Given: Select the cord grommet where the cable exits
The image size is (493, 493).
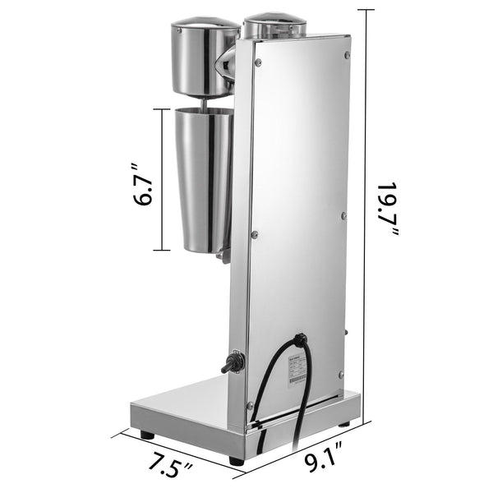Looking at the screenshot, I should (301, 339).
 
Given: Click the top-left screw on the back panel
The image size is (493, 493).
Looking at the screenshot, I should (258, 62).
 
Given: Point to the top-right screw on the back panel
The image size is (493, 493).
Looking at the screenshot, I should (346, 55).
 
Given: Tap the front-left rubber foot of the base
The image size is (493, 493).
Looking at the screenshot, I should (147, 433).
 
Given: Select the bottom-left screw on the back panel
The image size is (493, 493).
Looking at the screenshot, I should (250, 404).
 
